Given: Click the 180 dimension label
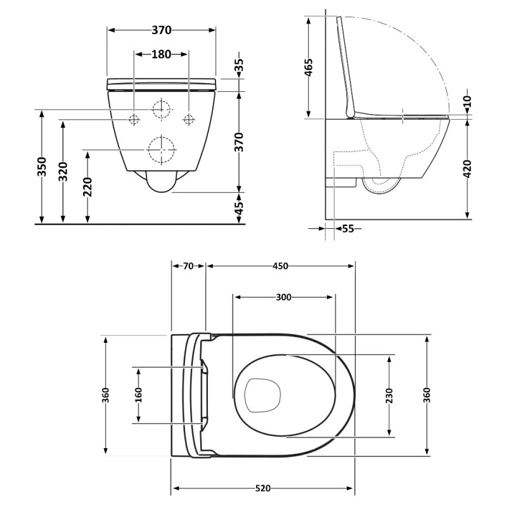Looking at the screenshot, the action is [x=162, y=55].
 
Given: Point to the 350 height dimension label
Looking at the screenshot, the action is [x=42, y=167].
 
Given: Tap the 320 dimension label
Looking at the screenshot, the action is [x=64, y=171].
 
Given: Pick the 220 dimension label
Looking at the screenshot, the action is [x=87, y=187].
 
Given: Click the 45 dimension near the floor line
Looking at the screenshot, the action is [x=239, y=208].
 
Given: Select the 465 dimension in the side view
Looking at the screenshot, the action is [x=309, y=67].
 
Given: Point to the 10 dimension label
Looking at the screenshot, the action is [x=468, y=101].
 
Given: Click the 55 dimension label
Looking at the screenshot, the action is [x=348, y=229].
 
